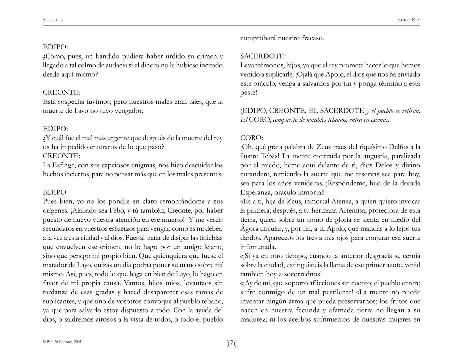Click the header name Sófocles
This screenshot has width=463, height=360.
coord(53,20)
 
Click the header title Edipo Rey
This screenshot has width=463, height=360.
coord(409,20)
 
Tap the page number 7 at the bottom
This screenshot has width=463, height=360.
coord(231,343)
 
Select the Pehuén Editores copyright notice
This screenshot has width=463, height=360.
coord(63,342)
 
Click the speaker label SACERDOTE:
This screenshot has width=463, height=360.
coord(263,56)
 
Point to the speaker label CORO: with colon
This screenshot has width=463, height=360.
coord(252,138)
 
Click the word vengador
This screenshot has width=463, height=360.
coord(128,111)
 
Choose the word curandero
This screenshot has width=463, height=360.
coord(255,174)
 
